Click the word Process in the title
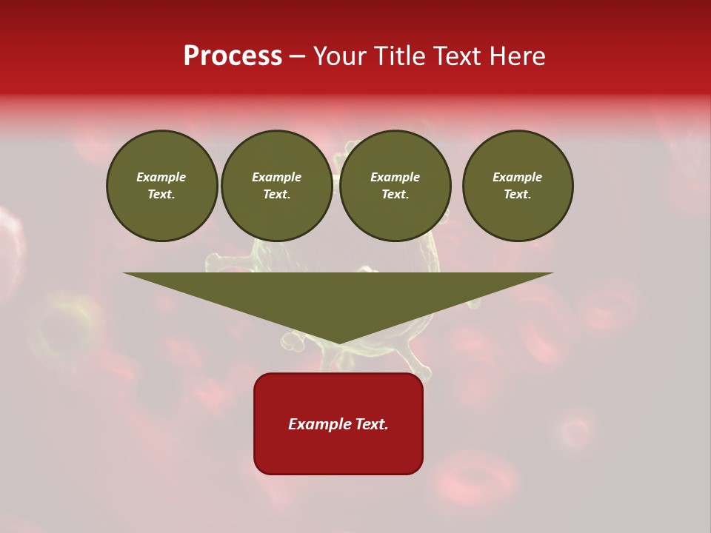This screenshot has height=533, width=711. pyautogui.click(x=233, y=56)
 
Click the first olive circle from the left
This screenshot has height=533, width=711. pyautogui.click(x=161, y=186)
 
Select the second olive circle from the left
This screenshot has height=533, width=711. pyautogui.click(x=276, y=186)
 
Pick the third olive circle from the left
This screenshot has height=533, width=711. pyautogui.click(x=395, y=186)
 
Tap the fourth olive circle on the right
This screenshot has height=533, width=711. pyautogui.click(x=517, y=186)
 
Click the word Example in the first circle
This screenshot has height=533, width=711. pyautogui.click(x=161, y=177)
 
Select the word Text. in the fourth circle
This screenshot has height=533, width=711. pyautogui.click(x=517, y=194)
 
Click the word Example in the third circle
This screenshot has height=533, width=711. pyautogui.click(x=395, y=177)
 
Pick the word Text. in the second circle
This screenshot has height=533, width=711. pyautogui.click(x=276, y=194)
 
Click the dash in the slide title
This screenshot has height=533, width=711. pyautogui.click(x=297, y=56)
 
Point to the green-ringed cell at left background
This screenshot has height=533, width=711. pyautogui.click(x=63, y=326)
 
